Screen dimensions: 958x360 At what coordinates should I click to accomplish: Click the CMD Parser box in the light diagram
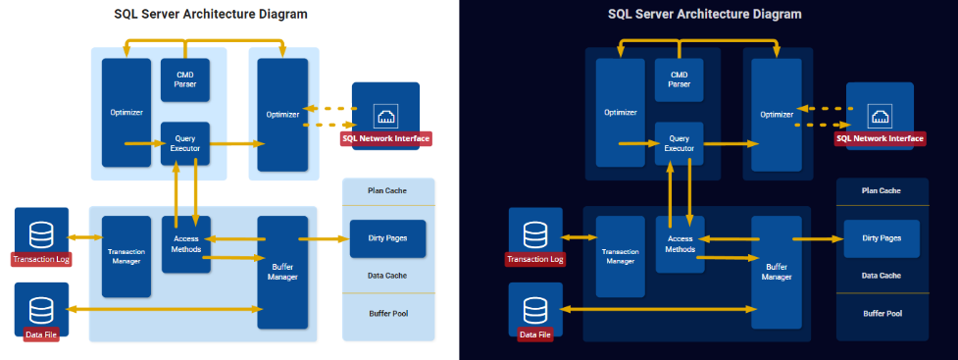[185, 80]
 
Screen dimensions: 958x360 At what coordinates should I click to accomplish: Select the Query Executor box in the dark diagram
[679, 143]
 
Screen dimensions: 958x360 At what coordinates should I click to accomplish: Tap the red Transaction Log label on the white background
[41, 259]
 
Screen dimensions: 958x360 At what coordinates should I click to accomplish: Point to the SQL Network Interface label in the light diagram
[386, 138]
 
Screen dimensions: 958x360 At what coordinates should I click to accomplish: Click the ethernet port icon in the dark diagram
[880, 116]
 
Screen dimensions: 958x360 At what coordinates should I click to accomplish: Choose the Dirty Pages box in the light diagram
[387, 238]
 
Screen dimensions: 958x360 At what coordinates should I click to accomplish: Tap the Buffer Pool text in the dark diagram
[882, 314]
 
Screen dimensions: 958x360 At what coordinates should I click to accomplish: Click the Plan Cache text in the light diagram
[387, 190]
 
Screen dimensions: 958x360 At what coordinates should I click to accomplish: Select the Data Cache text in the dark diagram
[881, 276]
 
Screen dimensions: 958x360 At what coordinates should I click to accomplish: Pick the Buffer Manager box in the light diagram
[282, 273]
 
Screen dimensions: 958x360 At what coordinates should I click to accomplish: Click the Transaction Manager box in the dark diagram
[620, 257]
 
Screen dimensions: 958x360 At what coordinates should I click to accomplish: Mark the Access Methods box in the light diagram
[186, 244]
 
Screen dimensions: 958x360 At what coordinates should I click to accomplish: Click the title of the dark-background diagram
[704, 14]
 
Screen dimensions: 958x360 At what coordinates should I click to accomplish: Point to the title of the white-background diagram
[211, 14]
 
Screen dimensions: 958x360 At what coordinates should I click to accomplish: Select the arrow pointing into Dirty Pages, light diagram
[323, 238]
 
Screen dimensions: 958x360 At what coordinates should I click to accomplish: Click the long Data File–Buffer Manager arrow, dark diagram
[658, 309]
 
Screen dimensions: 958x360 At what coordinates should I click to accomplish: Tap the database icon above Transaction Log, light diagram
[41, 234]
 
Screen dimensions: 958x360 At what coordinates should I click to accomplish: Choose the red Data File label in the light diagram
[41, 334]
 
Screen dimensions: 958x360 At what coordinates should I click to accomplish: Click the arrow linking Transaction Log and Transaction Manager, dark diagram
[579, 237]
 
